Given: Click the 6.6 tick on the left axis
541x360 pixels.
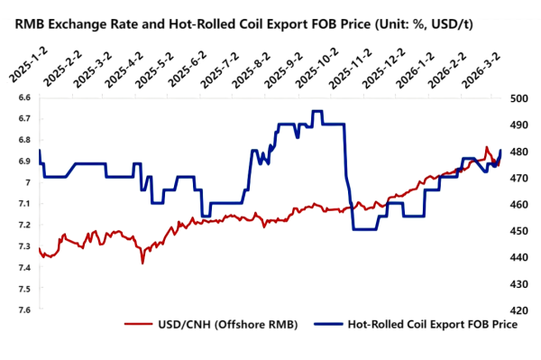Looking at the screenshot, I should (23, 97).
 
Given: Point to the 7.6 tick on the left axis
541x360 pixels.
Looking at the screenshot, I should (23, 309).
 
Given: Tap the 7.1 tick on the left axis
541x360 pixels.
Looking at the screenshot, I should (23, 204).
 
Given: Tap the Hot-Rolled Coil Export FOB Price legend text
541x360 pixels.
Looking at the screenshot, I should (432, 325).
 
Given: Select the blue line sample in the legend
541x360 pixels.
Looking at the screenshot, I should (326, 325).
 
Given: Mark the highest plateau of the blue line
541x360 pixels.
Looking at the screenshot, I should (317, 111).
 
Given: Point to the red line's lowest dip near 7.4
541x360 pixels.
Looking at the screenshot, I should (142, 263).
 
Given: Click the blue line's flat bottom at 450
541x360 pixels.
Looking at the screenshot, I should (364, 229).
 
